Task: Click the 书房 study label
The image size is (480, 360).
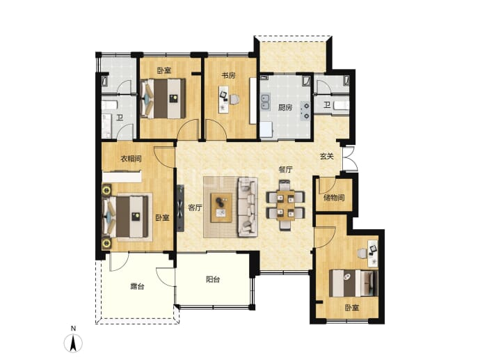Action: click(x=228, y=75)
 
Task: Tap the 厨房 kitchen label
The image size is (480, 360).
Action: click(x=285, y=107)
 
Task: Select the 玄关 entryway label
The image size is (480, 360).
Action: click(x=327, y=157)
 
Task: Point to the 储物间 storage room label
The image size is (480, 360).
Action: click(x=334, y=198)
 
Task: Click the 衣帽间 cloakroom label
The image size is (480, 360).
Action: click(x=131, y=159)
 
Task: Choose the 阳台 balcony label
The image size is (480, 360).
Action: click(x=213, y=279)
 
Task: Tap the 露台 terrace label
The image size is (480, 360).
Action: click(x=137, y=287)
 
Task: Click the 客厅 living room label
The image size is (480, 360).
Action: click(x=195, y=208)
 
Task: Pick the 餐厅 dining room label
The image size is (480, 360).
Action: click(x=286, y=169)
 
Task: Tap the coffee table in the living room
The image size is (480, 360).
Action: click(x=221, y=208)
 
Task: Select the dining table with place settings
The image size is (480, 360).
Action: click(x=286, y=205)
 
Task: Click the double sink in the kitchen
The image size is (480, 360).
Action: click(x=265, y=102)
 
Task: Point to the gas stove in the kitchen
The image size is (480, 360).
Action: click(x=306, y=110)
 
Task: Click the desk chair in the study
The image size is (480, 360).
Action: click(x=234, y=99)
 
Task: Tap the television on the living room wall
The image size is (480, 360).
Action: click(x=180, y=208)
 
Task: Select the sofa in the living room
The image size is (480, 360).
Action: click(x=248, y=207)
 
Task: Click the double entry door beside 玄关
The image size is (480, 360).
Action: click(x=349, y=159)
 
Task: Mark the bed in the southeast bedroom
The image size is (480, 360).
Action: click(x=353, y=283)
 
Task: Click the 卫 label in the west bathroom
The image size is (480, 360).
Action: click(x=120, y=118)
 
